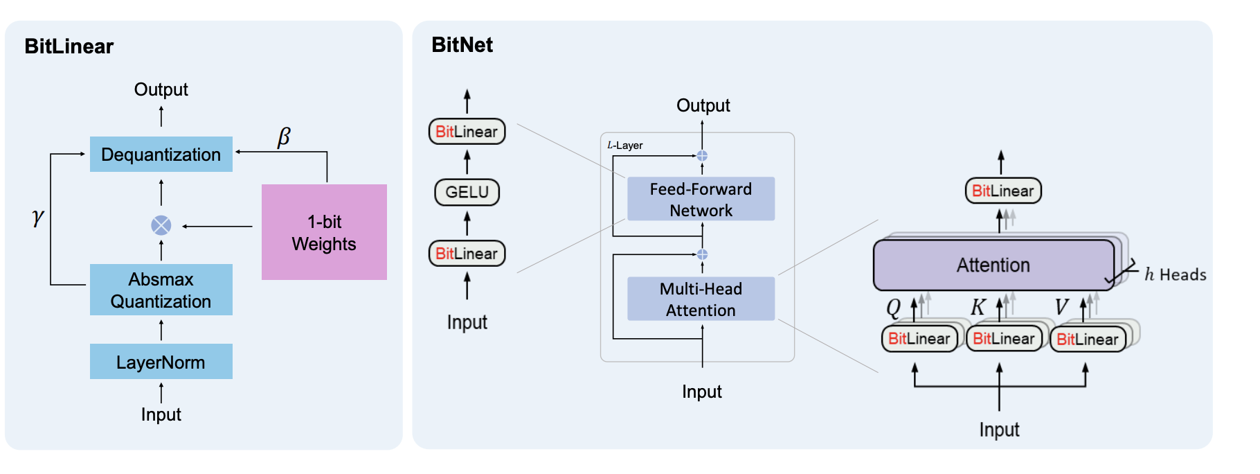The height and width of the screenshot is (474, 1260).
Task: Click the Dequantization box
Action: (161, 154)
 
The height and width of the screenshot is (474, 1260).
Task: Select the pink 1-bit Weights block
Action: (324, 232)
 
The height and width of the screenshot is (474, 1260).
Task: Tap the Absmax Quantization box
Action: (161, 290)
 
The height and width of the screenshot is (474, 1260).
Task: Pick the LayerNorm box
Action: (161, 362)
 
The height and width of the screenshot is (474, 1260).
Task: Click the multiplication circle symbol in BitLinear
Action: (161, 225)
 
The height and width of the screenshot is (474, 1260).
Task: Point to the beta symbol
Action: (284, 137)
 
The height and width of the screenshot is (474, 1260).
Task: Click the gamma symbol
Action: (38, 218)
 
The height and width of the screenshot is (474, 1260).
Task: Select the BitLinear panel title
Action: (69, 46)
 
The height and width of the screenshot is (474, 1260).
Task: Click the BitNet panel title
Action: (462, 45)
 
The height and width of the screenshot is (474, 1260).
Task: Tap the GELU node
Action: (467, 192)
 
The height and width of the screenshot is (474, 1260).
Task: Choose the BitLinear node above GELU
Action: (467, 132)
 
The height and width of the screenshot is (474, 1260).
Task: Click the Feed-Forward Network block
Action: (701, 199)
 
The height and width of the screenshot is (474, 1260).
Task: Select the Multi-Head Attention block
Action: (701, 299)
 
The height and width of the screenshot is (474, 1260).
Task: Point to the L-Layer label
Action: (625, 146)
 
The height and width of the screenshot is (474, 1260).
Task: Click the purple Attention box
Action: (993, 265)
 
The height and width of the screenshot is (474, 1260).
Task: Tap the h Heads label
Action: (1175, 274)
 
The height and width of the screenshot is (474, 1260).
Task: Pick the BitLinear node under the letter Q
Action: (919, 338)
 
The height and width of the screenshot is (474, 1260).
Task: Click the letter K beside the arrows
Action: (978, 307)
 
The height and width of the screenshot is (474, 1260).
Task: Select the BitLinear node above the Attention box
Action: (1002, 191)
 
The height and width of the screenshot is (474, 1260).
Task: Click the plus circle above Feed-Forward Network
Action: (702, 156)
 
